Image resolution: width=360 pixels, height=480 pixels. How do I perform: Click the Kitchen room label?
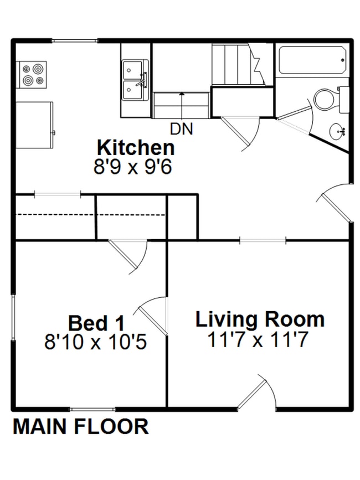(136, 148)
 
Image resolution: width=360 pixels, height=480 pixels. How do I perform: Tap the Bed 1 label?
(96, 323)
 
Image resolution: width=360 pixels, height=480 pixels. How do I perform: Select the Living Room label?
(260, 319)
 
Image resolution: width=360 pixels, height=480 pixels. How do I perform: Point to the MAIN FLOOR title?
(81, 426)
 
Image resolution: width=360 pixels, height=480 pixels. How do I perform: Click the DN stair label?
(182, 129)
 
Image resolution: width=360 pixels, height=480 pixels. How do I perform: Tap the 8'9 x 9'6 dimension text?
(132, 167)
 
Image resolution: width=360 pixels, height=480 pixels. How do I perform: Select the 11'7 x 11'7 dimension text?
(258, 339)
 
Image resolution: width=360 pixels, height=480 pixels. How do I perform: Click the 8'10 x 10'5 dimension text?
(96, 342)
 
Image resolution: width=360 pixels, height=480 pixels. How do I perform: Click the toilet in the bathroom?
(332, 100)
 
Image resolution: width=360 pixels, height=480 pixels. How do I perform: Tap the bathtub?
(312, 60)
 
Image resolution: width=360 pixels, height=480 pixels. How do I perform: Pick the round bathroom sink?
(338, 132)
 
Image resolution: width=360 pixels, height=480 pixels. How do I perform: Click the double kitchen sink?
(136, 80)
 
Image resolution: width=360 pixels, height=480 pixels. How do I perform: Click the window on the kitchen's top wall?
(74, 40)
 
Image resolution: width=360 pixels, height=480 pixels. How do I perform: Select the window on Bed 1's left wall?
(13, 317)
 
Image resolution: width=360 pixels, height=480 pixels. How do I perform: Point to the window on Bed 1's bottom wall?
(92, 409)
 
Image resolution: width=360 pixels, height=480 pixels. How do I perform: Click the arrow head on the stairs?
(182, 94)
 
